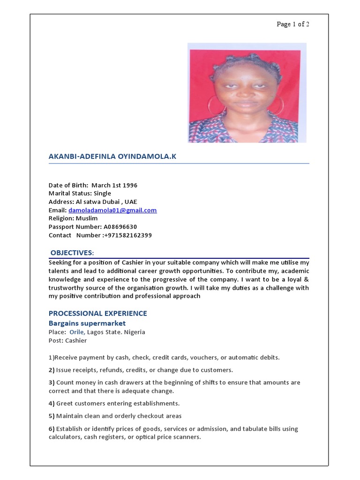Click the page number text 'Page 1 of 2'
click(293, 24)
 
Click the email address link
click(112, 210)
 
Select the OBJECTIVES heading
click(72, 253)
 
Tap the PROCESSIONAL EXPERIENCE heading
click(98, 313)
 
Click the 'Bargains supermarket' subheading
click(87, 323)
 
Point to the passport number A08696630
click(119, 227)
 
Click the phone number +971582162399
click(127, 235)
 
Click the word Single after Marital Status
click(102, 194)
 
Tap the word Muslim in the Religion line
click(87, 218)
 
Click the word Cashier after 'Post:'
click(76, 341)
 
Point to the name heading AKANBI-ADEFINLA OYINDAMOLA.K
click(112, 157)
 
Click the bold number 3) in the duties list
click(52, 382)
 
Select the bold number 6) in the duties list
click(52, 429)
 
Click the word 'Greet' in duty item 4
click(65, 404)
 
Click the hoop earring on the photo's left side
click(215, 105)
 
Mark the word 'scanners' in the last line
click(187, 437)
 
